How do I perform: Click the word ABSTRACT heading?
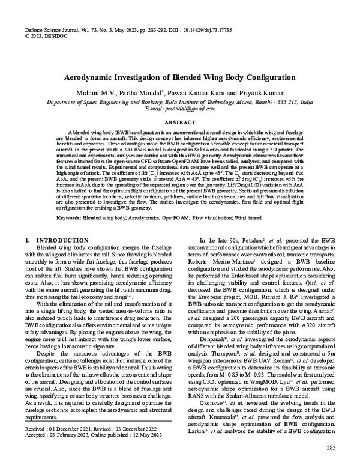point(180,121)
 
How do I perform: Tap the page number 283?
point(331,449)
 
